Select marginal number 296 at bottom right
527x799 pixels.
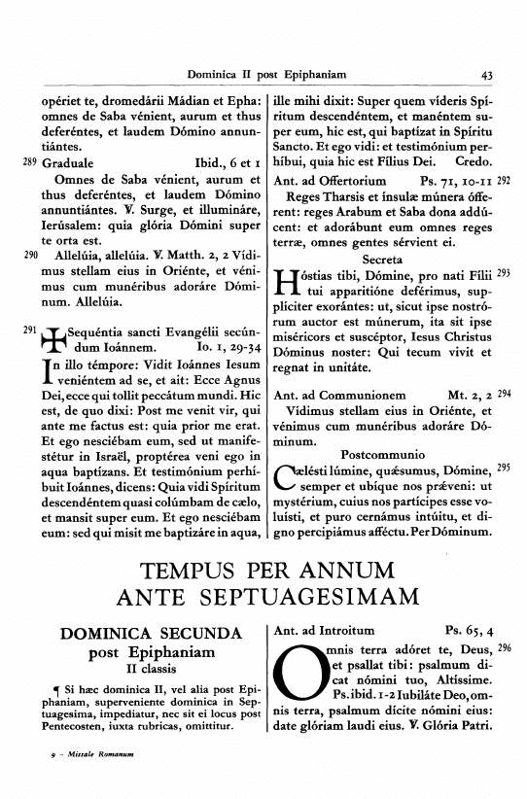point(504,647)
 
